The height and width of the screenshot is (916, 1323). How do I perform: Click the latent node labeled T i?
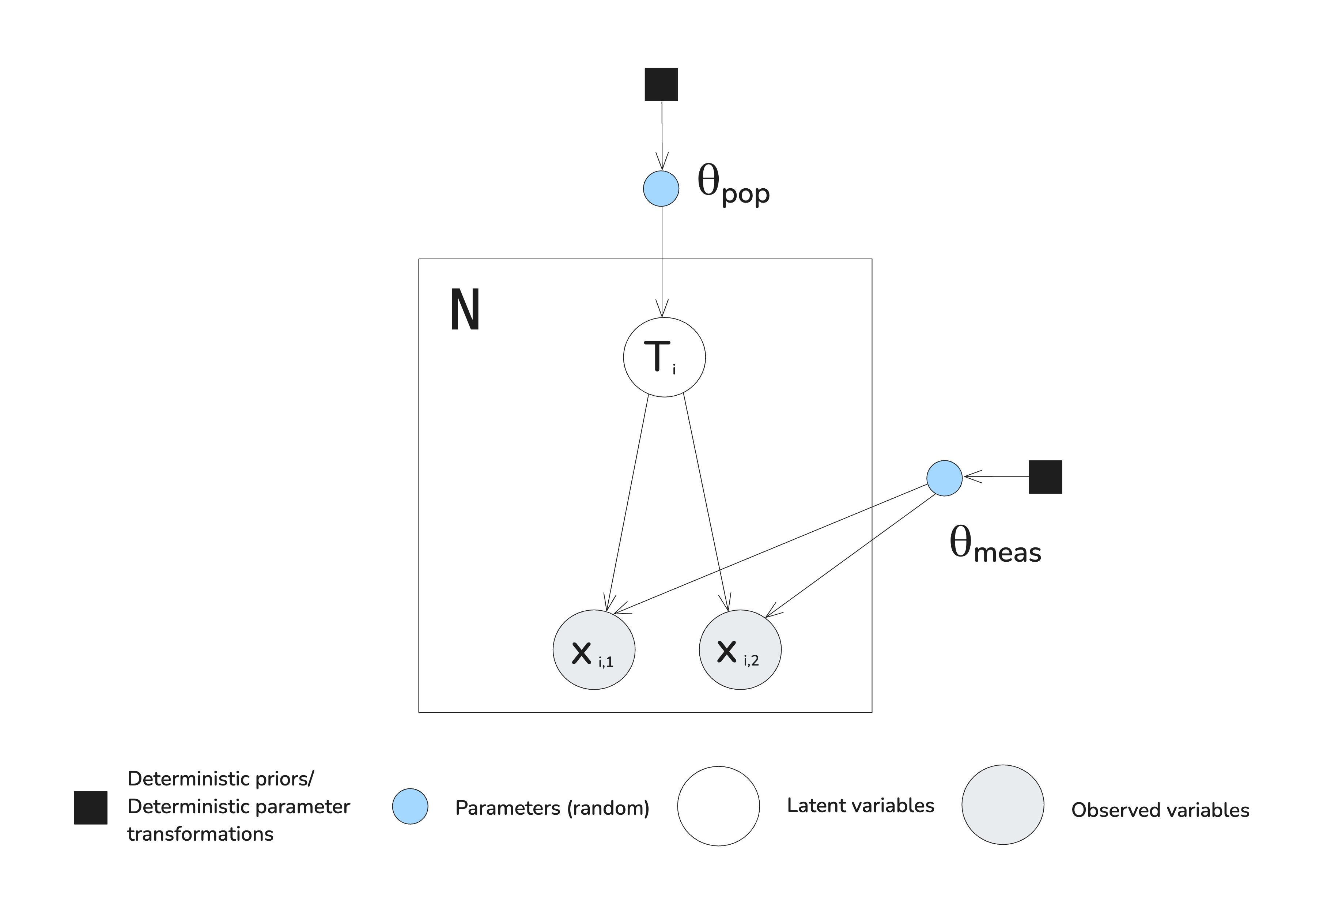664,357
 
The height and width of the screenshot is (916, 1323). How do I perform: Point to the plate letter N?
465,310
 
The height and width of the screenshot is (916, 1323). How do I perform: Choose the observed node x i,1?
594,650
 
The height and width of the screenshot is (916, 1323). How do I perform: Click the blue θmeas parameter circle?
944,478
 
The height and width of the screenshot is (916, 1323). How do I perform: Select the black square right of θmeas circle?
1045,477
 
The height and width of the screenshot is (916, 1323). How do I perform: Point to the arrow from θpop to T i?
662,258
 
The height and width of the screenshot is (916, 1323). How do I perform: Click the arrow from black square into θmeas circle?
995,476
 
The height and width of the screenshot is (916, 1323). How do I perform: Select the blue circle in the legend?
410,806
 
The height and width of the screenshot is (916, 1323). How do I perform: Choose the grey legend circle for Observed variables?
1002,805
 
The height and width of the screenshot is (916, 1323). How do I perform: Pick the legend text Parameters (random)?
552,808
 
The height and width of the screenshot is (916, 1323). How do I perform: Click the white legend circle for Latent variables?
718,806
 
